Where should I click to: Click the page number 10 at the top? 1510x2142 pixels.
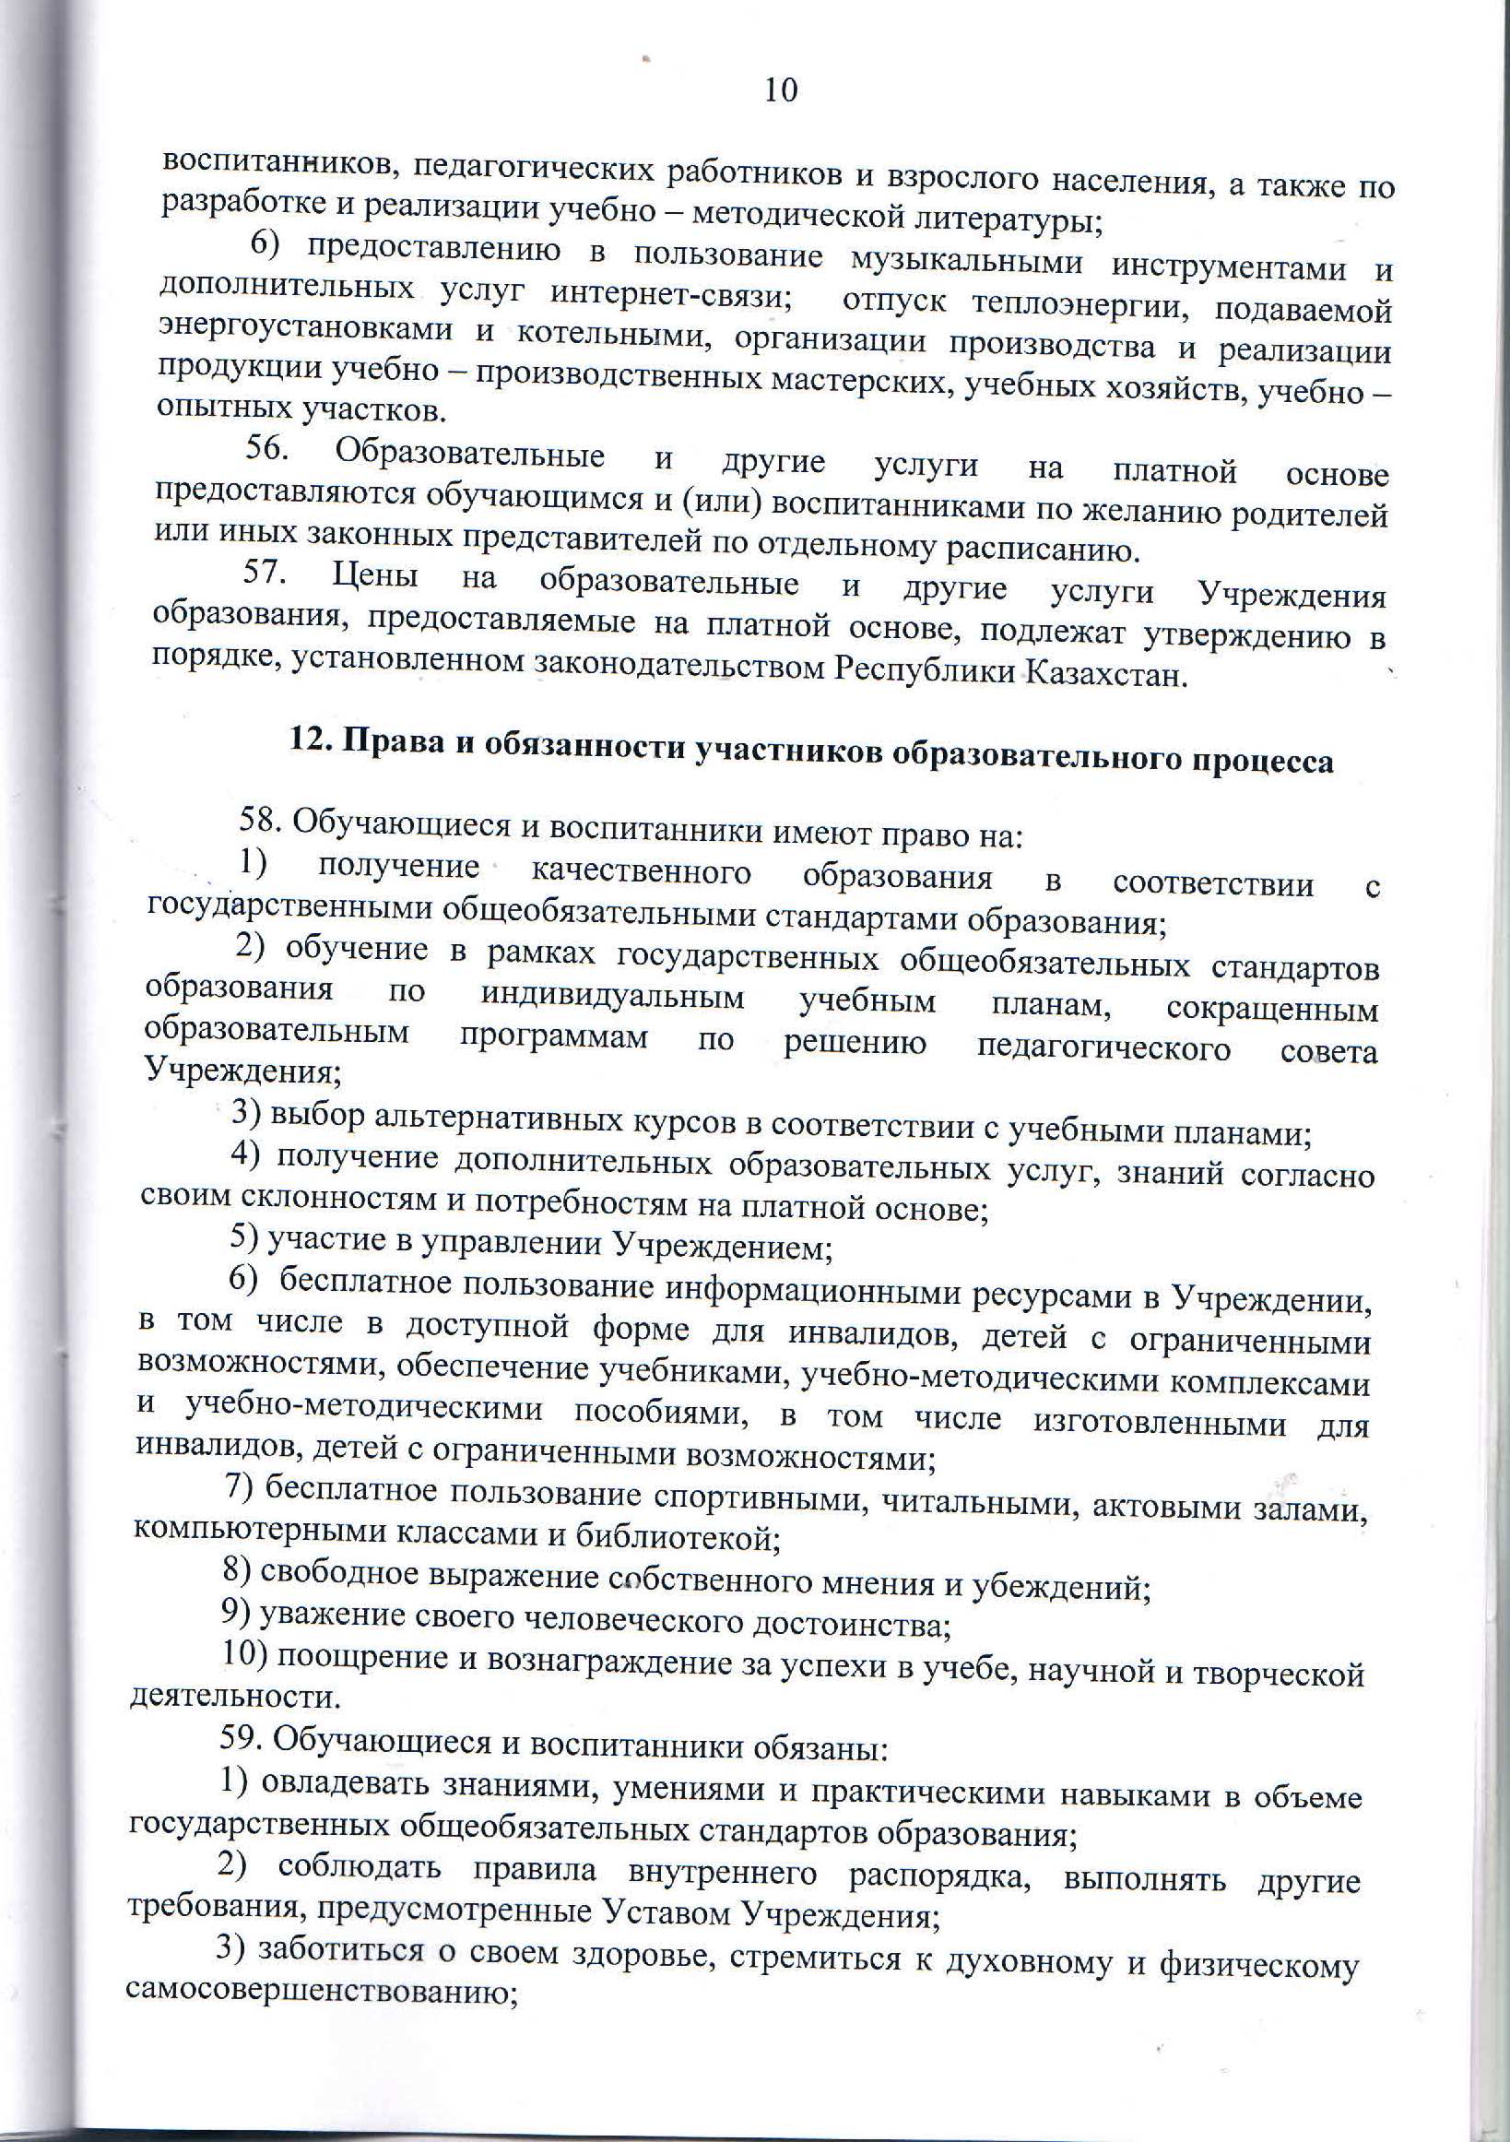tap(780, 90)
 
